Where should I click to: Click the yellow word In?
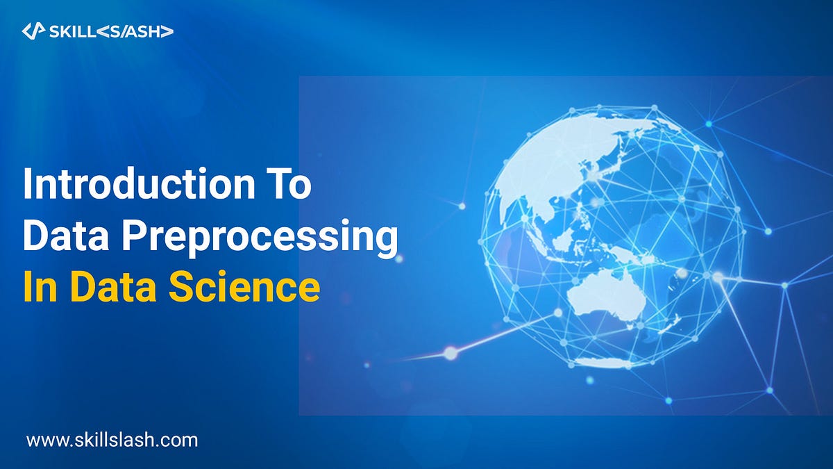pos(40,287)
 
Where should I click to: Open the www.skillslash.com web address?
pos(112,439)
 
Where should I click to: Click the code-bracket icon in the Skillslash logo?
pos(33,31)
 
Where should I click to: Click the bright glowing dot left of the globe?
pos(451,353)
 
